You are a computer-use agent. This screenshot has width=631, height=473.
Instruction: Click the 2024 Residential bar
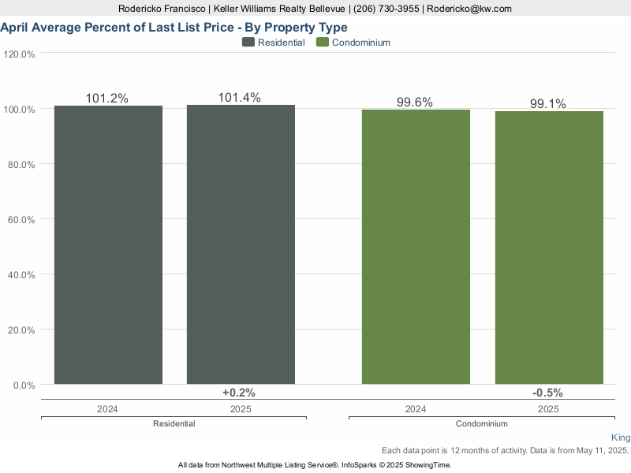click(108, 245)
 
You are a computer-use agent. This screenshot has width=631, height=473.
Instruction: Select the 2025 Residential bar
click(241, 244)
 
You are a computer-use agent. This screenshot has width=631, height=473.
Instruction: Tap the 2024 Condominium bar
click(416, 247)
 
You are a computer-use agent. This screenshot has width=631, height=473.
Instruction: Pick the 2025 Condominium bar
click(549, 248)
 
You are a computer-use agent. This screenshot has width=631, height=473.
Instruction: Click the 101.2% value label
click(106, 98)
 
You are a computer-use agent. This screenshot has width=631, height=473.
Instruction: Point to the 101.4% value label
click(240, 97)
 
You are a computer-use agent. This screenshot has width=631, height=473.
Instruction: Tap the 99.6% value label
click(415, 102)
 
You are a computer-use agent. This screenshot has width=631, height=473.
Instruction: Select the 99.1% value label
click(547, 104)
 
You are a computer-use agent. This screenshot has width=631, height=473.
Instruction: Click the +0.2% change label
click(239, 393)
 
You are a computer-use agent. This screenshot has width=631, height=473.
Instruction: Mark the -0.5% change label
click(547, 393)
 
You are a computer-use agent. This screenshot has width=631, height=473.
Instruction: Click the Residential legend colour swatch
click(248, 43)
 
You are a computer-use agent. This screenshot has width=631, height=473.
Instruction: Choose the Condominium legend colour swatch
click(323, 43)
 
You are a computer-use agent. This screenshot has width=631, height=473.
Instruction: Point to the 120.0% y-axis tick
click(19, 54)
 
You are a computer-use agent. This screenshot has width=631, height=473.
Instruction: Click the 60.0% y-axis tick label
click(21, 220)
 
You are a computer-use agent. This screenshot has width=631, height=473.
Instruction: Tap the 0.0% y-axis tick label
click(24, 385)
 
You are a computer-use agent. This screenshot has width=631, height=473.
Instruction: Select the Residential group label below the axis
click(174, 423)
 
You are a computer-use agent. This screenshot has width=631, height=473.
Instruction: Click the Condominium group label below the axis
click(482, 423)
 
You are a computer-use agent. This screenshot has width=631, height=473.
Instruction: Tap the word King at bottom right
click(621, 438)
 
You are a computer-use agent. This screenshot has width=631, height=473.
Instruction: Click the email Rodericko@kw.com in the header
click(469, 9)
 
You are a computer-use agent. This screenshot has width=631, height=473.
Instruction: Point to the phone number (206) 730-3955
click(386, 9)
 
